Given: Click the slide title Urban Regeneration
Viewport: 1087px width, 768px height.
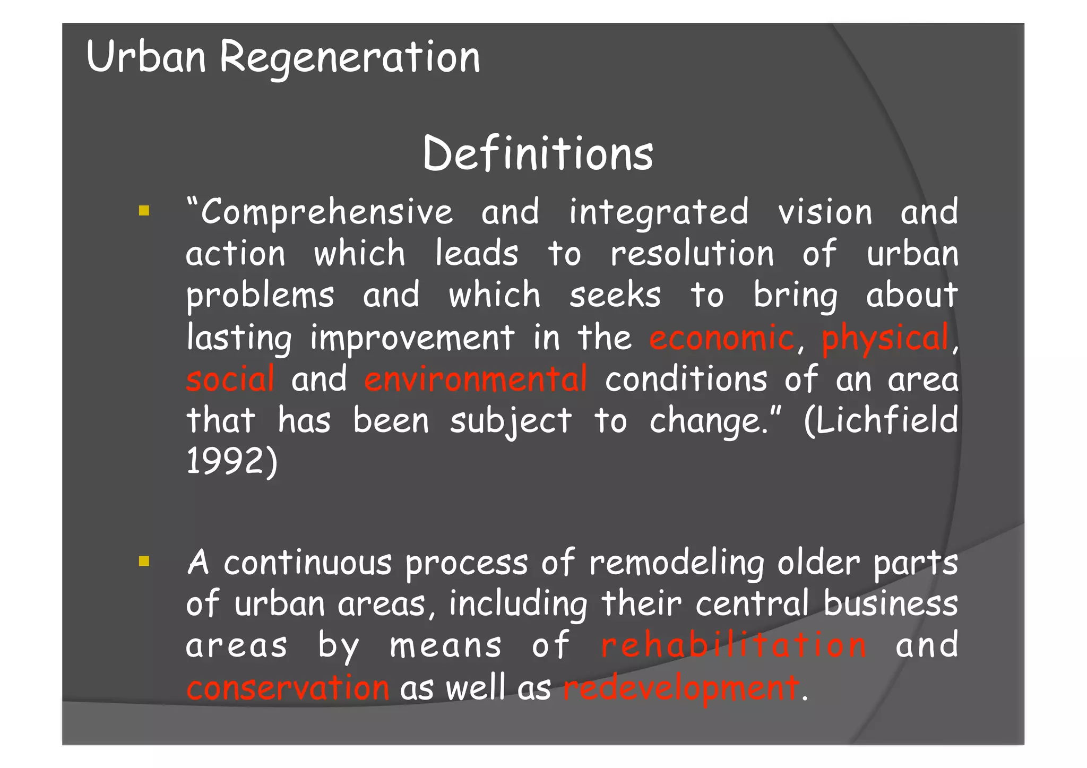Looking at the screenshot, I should (x=283, y=57).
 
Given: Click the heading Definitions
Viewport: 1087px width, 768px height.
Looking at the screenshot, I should (x=538, y=154).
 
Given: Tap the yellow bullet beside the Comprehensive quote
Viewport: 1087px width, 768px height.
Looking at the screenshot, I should (x=144, y=211).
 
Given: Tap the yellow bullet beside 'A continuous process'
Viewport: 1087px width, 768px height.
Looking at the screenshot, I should (x=144, y=562).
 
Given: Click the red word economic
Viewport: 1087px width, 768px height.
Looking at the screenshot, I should (x=721, y=338).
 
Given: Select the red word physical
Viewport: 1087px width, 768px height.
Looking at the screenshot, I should (x=885, y=339).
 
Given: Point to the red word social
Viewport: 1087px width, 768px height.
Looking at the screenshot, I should (x=230, y=379).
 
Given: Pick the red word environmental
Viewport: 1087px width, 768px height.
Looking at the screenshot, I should (x=476, y=379).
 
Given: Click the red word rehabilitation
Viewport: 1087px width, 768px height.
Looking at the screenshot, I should (x=734, y=645).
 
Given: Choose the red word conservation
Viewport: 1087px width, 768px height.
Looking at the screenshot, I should (x=288, y=688).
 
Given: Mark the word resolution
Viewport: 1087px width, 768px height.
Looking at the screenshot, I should (x=692, y=254).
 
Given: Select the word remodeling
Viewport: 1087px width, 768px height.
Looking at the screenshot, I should (x=677, y=563).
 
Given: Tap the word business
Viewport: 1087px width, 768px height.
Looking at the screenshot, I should (x=891, y=604).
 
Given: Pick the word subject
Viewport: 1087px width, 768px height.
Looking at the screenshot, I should (x=511, y=421).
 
